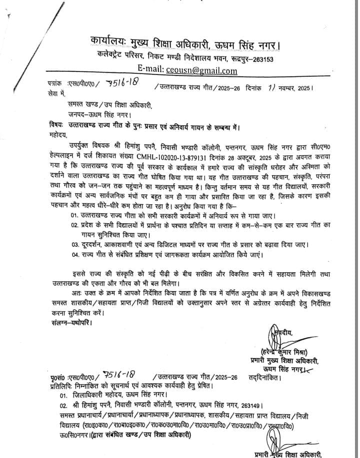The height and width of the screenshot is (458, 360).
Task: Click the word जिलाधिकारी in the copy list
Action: click(x=87, y=395)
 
